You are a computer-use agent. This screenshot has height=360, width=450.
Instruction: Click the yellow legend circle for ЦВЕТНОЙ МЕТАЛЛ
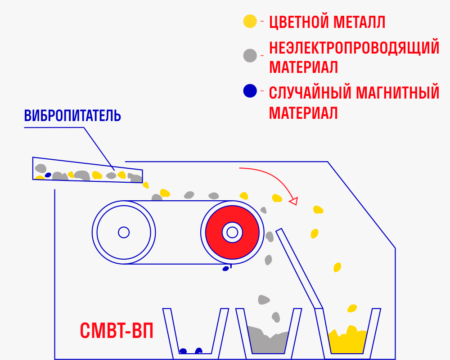[x=250, y=21]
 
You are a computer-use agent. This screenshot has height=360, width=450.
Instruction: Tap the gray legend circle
[x=250, y=55]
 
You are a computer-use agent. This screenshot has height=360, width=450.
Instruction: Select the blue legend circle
[x=250, y=91]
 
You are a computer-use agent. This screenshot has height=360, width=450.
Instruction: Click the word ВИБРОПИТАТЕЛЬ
[x=72, y=115]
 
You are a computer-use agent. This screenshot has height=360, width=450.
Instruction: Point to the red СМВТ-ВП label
[x=117, y=330]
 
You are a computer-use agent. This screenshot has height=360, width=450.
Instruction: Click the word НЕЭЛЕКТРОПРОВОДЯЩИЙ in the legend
[x=354, y=47]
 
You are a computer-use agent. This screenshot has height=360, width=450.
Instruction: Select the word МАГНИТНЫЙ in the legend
[x=397, y=92]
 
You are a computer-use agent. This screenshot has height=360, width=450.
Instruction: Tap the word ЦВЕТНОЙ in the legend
[x=298, y=22]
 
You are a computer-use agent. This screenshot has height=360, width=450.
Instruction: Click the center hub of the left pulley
[x=124, y=232]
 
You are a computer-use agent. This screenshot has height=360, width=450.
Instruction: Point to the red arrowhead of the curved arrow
[x=293, y=201]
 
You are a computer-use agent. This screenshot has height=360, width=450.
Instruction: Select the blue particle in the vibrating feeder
[x=48, y=175]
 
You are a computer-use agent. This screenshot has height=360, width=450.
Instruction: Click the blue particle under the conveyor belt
[x=226, y=268]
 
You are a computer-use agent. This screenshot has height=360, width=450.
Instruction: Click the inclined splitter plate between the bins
[x=299, y=269]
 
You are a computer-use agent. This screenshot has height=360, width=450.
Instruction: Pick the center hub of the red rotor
[x=232, y=232]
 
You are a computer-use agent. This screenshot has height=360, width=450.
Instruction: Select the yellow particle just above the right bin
[x=352, y=308]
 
